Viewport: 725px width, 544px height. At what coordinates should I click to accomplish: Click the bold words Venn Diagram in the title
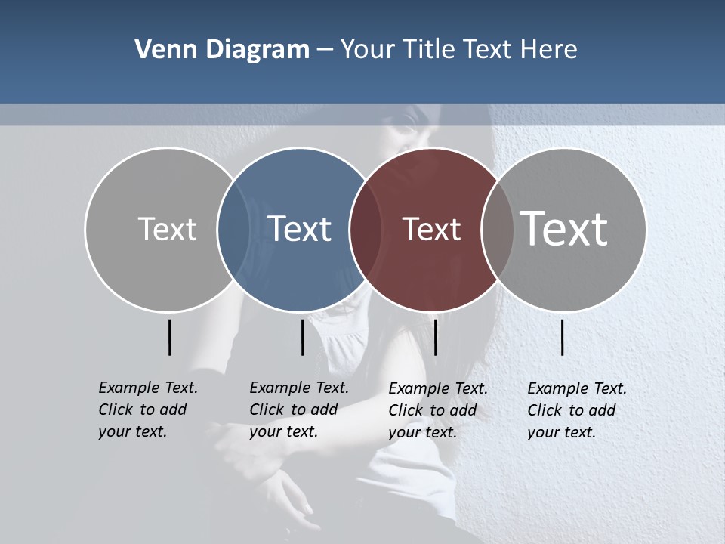point(222,50)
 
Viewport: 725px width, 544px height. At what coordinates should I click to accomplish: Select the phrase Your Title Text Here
point(458,50)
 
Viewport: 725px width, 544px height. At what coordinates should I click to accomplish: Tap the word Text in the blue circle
point(300,229)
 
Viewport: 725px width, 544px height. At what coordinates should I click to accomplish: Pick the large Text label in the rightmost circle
point(564,228)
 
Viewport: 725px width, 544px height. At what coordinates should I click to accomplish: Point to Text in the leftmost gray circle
point(167,229)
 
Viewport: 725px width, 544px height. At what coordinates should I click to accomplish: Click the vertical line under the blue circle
point(302,337)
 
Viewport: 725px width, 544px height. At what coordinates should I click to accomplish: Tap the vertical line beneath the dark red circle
point(435,337)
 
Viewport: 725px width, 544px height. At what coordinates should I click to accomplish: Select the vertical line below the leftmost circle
point(170,337)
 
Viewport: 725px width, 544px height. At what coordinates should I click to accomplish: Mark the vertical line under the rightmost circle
point(563,337)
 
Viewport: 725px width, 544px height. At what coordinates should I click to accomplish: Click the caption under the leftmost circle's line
point(148,410)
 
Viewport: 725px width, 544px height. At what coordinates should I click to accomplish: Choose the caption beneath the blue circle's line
point(299,410)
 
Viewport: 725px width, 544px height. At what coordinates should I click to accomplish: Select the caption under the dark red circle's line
point(438,410)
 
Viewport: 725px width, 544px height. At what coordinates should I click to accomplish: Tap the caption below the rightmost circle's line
point(577,410)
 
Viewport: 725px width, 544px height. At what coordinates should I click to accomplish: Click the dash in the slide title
point(325,51)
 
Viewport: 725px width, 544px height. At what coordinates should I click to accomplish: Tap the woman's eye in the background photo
point(412,119)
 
